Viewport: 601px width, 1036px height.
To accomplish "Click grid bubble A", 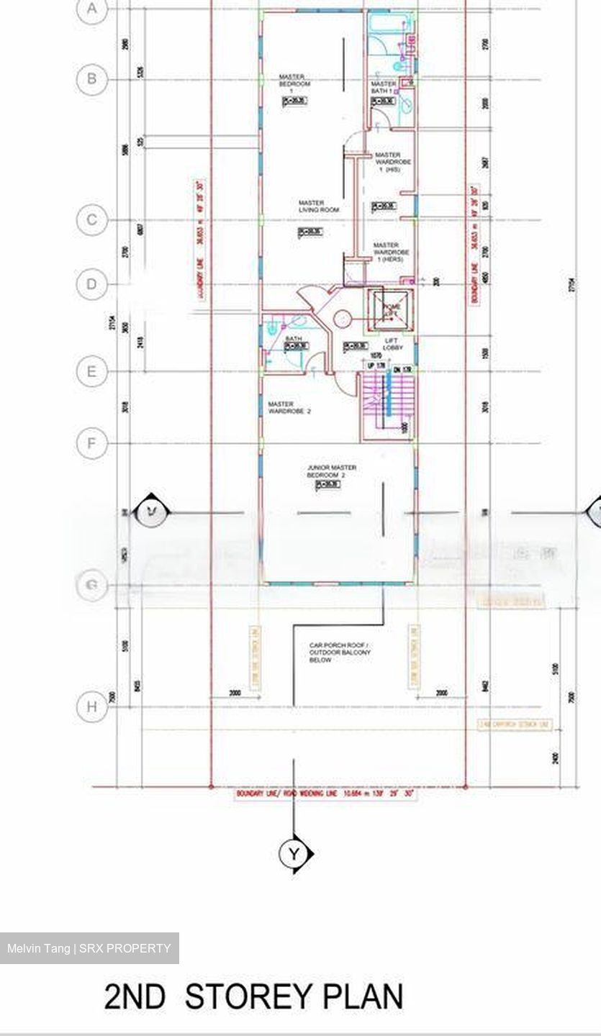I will coord(91,9).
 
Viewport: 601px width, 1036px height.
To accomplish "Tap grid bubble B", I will coord(91,78).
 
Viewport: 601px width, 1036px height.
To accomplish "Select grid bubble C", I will coord(91,219).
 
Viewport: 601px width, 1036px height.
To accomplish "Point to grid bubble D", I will coord(91,283).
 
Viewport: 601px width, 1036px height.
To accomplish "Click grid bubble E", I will coord(91,371).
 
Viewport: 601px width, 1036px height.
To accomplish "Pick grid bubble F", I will coord(91,442).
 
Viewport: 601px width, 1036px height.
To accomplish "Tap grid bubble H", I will coord(91,706).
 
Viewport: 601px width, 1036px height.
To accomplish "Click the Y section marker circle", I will coord(293,853).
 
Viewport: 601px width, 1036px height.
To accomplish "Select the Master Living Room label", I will coord(318,206).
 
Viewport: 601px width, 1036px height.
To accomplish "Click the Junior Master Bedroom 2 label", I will coord(331,472).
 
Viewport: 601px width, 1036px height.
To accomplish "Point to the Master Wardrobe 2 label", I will coord(289,408).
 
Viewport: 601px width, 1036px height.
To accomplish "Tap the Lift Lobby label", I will coord(393,344).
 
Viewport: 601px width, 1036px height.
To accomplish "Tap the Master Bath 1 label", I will coord(384,88).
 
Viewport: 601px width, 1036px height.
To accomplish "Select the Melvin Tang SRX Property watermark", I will coord(89,948).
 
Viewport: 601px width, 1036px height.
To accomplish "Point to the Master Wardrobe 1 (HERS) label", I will coord(392,252).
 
